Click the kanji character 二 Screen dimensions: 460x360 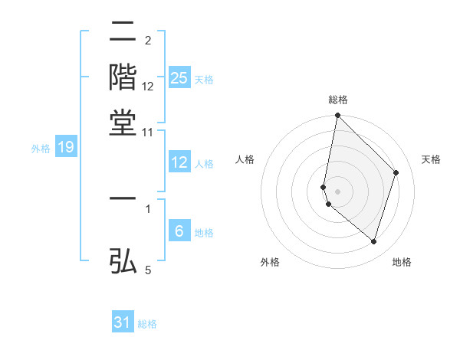click(x=123, y=33)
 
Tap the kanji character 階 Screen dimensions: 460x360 click(x=123, y=77)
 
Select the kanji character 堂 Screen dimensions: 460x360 click(x=123, y=123)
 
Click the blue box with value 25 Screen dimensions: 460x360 click(x=179, y=77)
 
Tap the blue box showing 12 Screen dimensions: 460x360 click(x=179, y=162)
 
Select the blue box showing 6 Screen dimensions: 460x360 click(x=179, y=231)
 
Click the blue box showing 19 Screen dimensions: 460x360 click(x=65, y=148)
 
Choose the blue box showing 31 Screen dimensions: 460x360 click(x=123, y=322)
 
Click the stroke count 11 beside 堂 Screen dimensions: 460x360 click(x=148, y=133)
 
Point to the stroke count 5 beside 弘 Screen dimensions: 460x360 click(x=148, y=270)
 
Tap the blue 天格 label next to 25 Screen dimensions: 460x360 click(x=204, y=80)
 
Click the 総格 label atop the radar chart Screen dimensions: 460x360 click(x=338, y=100)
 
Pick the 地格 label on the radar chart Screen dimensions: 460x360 click(x=402, y=262)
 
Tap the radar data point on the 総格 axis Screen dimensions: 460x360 click(x=337, y=116)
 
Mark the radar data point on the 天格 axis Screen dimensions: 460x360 click(x=396, y=172)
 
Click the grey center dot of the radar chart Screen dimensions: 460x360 click(x=337, y=190)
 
